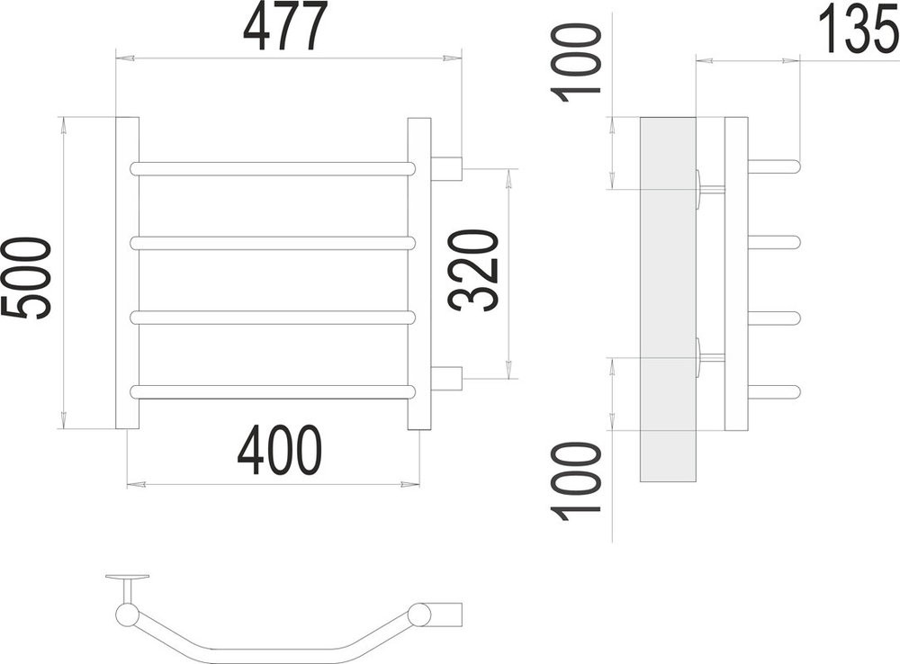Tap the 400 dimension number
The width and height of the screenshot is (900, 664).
pyautogui.click(x=279, y=452)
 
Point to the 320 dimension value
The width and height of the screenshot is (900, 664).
pyautogui.click(x=474, y=271)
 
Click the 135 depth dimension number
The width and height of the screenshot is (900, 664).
pyautogui.click(x=859, y=30)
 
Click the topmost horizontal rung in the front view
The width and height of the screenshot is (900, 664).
pyautogui.click(x=273, y=168)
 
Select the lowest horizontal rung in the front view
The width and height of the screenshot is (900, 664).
pyautogui.click(x=273, y=391)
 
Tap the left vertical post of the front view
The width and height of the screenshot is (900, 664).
pyautogui.click(x=128, y=273)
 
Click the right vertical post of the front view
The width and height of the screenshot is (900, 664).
pyautogui.click(x=419, y=273)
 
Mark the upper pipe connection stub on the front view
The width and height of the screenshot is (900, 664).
pyautogui.click(x=446, y=168)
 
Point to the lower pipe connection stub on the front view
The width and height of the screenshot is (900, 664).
pyautogui.click(x=446, y=379)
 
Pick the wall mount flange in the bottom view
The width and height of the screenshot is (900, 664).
pyautogui.click(x=127, y=578)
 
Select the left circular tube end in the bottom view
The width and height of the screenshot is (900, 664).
pyautogui.click(x=127, y=615)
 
